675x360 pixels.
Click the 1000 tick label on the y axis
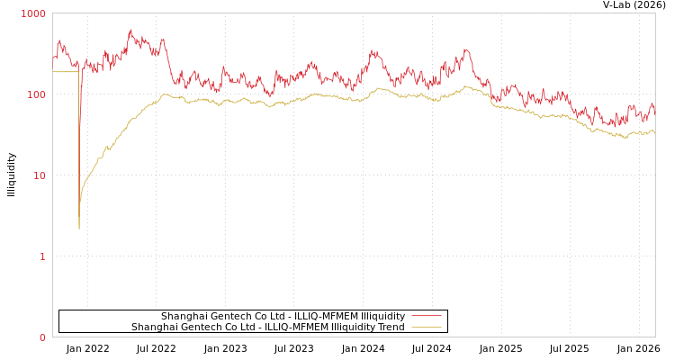point(33,14)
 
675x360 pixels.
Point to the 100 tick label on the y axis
point(36,95)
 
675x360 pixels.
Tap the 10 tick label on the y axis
point(39,176)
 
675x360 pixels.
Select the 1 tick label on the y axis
point(41,257)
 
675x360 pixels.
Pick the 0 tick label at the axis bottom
point(41,338)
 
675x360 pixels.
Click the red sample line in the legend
point(426,316)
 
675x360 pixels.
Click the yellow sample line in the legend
point(426,327)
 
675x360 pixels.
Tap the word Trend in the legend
point(390,327)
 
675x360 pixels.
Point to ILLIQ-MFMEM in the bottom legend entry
point(296,327)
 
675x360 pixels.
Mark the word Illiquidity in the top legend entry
point(382,316)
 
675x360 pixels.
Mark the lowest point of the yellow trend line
point(79,229)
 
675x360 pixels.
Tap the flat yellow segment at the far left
point(65,72)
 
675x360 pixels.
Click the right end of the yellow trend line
point(654,132)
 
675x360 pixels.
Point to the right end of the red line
point(654,112)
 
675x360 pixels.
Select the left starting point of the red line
point(53,58)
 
